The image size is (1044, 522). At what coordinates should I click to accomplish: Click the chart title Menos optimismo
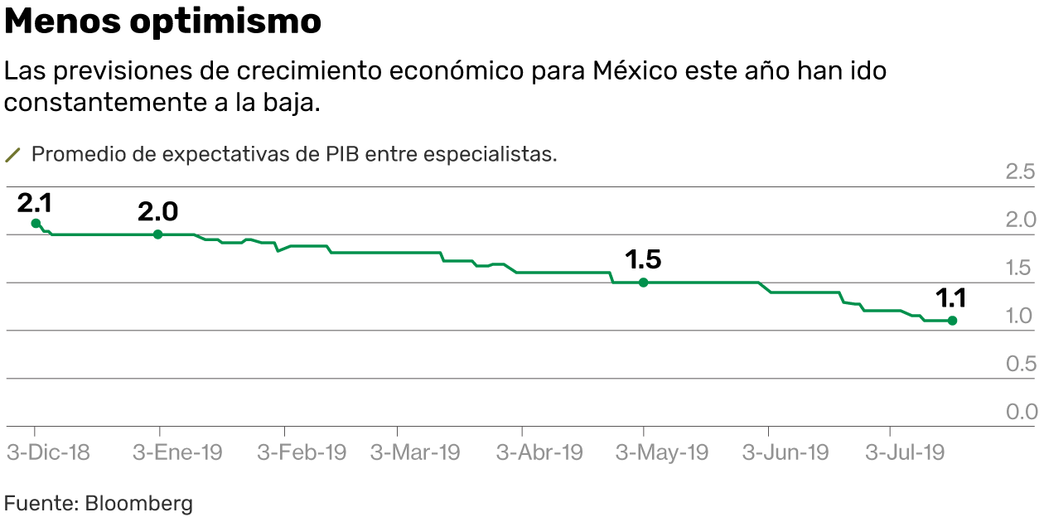click(x=163, y=22)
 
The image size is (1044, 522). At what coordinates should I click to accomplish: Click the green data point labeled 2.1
click(x=36, y=223)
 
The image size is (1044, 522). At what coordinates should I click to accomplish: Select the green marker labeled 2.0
click(x=158, y=234)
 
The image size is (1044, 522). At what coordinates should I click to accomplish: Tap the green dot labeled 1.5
click(x=643, y=283)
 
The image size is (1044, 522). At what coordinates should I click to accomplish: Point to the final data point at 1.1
click(x=952, y=321)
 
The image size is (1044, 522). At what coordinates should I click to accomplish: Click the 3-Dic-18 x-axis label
click(x=48, y=452)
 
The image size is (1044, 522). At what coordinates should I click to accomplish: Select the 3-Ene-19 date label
click(x=177, y=452)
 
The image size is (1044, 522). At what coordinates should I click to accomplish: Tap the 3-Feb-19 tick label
click(x=302, y=452)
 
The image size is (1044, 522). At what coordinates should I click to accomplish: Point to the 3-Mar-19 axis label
click(x=414, y=452)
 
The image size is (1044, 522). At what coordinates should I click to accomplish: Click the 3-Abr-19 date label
click(x=539, y=452)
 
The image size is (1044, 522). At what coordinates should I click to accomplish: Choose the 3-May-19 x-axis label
click(x=663, y=452)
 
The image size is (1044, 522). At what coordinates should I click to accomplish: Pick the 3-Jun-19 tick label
click(x=785, y=452)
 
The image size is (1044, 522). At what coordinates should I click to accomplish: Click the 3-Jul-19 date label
click(x=905, y=452)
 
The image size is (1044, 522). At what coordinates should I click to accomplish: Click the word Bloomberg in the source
click(x=138, y=503)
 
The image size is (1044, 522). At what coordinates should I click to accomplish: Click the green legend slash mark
click(x=12, y=155)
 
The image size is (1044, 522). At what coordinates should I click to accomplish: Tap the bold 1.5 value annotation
click(x=643, y=260)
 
